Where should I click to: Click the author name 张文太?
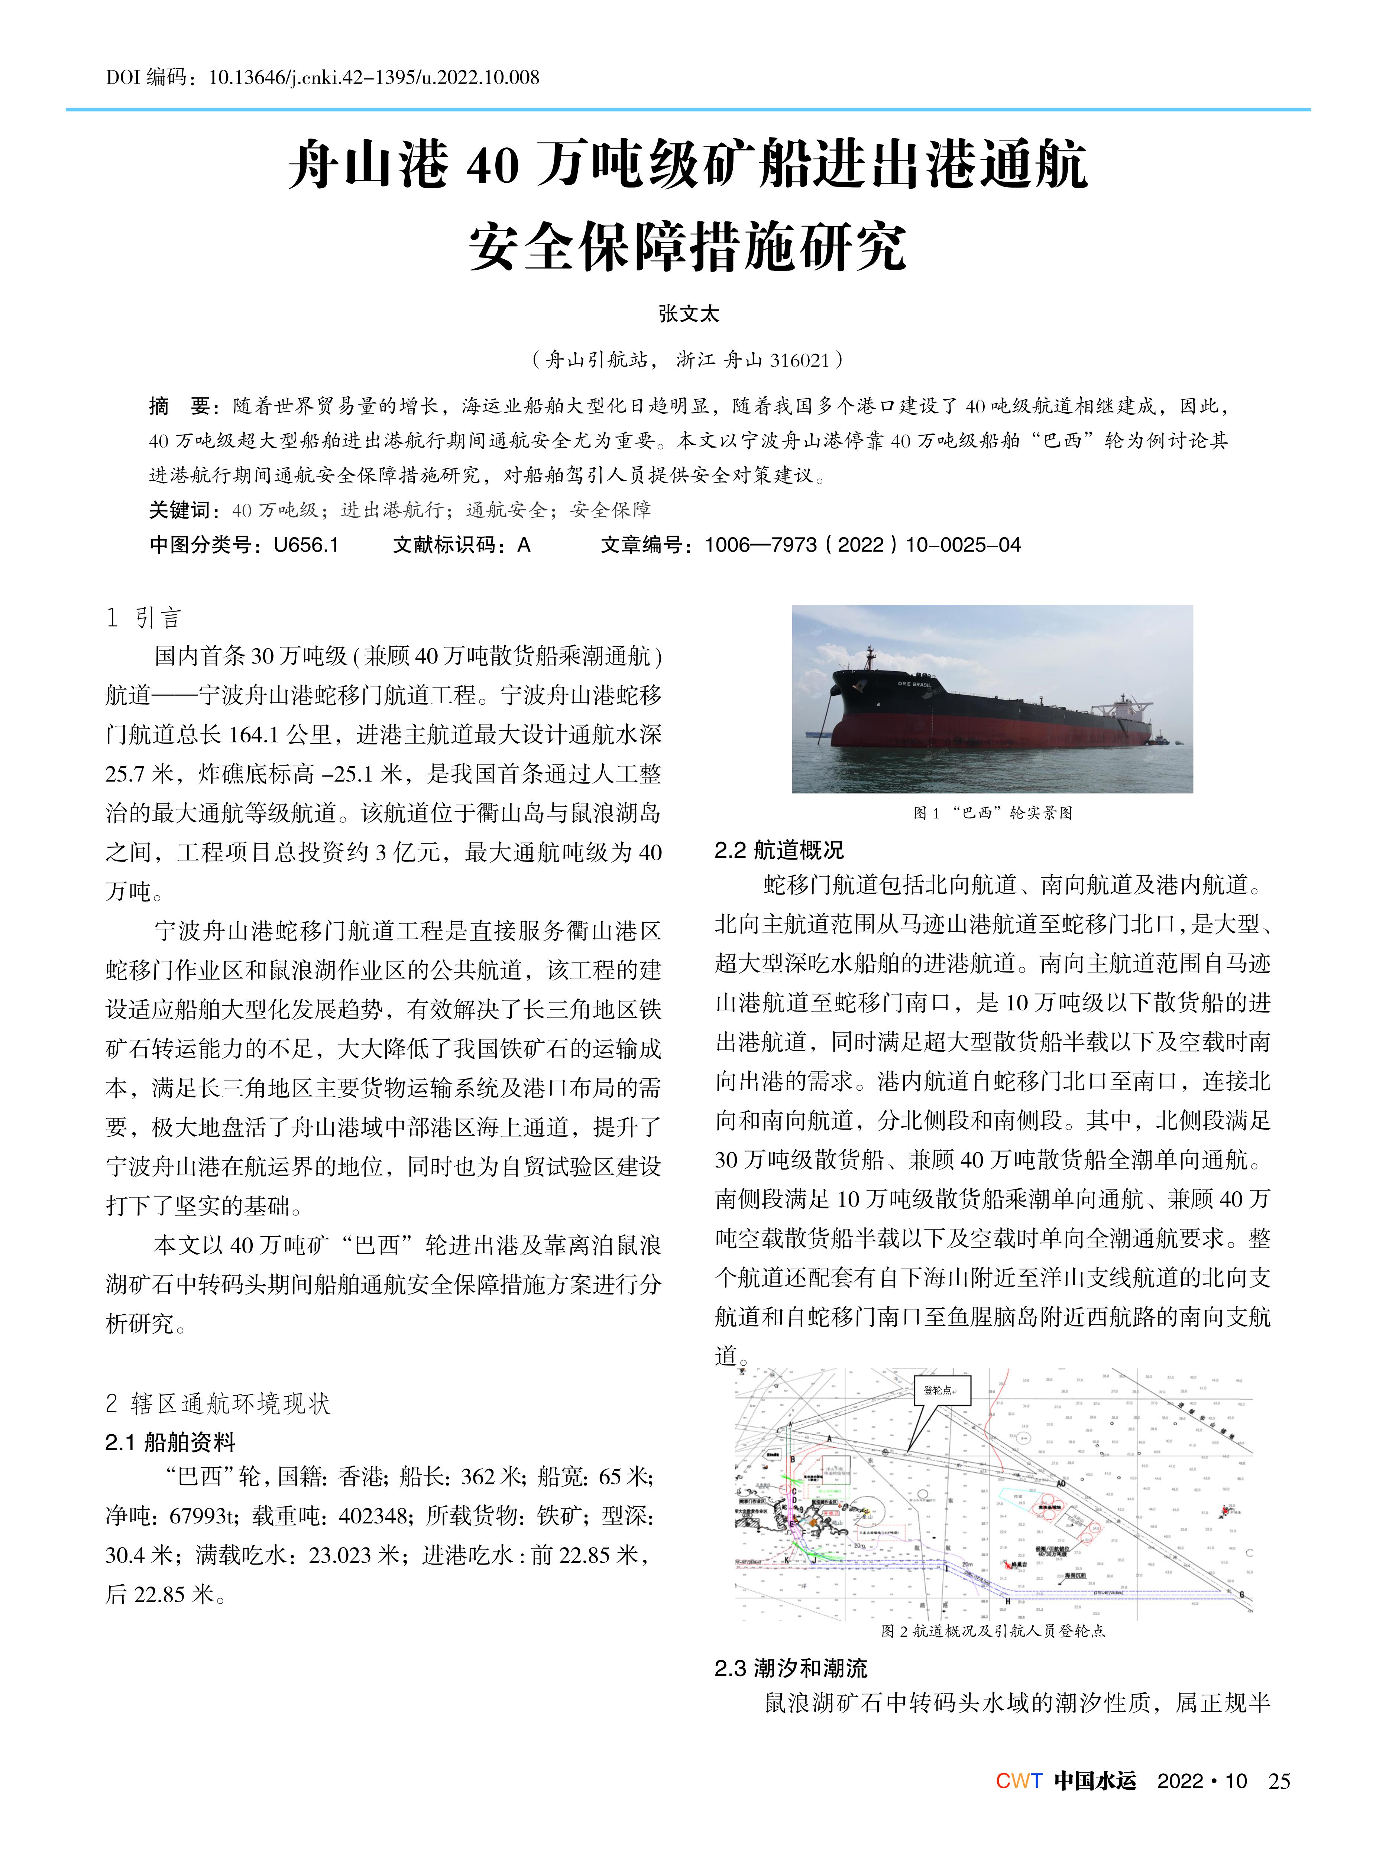(x=688, y=314)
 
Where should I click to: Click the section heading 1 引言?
(x=143, y=618)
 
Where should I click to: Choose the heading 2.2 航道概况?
(x=779, y=850)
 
